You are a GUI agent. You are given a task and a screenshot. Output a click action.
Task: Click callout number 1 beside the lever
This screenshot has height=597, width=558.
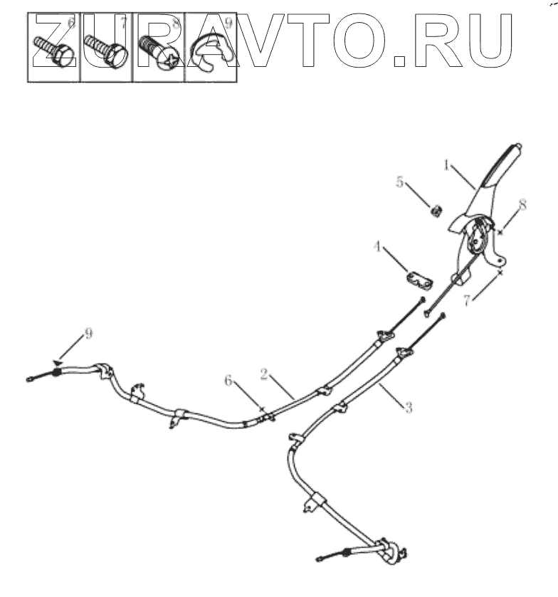point(446,165)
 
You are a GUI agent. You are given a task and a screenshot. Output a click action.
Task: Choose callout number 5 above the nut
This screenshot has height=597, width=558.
point(401,183)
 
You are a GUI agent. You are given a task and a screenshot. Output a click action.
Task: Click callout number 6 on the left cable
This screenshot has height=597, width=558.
point(228,381)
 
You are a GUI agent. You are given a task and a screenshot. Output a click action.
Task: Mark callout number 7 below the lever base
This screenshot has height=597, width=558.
point(467,300)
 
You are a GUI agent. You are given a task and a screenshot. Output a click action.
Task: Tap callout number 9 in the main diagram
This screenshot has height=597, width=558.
point(88,334)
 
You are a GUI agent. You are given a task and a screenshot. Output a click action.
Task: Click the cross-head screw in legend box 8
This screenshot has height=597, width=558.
point(157,51)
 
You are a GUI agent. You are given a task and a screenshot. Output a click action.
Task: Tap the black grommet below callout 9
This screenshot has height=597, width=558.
point(55,374)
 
